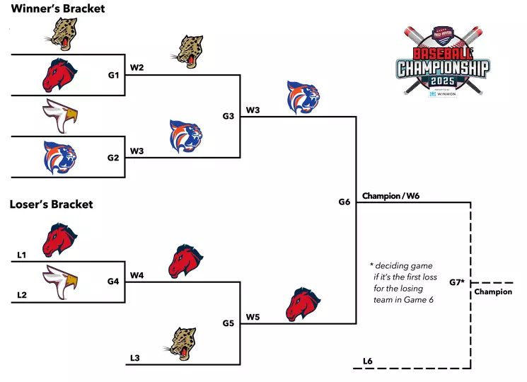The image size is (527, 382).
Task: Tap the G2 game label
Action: [x=113, y=157]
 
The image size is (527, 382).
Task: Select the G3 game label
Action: [x=228, y=116]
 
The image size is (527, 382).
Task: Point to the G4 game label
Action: [x=113, y=281]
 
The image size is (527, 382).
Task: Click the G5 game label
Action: [x=228, y=323]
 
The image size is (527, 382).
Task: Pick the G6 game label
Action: [x=344, y=202]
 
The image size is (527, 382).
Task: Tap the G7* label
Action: [x=457, y=282]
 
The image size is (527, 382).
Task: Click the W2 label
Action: [x=137, y=69]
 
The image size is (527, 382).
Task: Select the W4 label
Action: [x=137, y=275]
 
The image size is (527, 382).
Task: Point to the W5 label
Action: [x=253, y=317]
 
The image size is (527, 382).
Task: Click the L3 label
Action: [x=135, y=359]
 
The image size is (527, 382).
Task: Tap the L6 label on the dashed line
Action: [x=367, y=361]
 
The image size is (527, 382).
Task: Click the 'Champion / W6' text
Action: [x=390, y=195]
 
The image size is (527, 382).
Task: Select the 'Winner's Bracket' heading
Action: [x=57, y=8]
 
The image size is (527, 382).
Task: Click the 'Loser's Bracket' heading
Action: [x=51, y=204]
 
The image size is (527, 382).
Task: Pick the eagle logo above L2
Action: [x=60, y=281]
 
